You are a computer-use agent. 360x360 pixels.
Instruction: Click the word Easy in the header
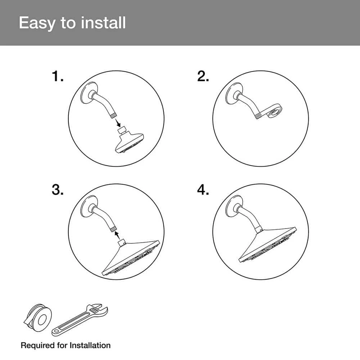37,23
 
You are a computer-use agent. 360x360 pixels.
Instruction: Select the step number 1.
57,76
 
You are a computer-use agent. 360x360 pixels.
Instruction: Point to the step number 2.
203,76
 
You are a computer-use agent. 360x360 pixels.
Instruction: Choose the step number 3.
57,190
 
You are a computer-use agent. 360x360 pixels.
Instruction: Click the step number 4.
203,190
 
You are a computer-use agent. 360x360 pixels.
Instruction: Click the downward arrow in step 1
118,123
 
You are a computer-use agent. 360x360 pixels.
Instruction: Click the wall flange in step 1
89,93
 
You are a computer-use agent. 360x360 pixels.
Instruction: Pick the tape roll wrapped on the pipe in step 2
273,111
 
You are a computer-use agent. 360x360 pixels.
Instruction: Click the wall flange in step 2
234,93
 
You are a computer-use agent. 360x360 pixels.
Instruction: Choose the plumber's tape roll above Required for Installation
38,318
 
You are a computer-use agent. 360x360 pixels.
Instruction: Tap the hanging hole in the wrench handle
57,331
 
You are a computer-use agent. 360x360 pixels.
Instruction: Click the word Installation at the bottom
90,345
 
